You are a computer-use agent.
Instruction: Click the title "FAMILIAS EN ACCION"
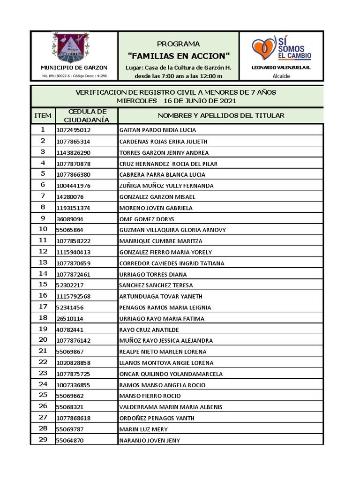point(179,56)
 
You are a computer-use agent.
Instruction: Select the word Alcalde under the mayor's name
point(281,76)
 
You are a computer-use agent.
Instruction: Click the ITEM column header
point(43,115)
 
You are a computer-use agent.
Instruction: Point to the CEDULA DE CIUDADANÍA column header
point(87,115)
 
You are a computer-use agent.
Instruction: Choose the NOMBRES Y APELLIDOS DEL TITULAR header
point(221,115)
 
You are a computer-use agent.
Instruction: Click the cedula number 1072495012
point(73,130)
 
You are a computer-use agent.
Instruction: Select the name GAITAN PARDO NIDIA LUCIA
point(157,130)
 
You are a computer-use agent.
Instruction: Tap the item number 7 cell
point(43,196)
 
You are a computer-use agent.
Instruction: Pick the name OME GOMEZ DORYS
point(147,219)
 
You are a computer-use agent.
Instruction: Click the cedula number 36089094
point(70,219)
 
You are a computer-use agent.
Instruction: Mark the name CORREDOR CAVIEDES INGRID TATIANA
point(172,263)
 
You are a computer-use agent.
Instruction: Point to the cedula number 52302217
point(70,285)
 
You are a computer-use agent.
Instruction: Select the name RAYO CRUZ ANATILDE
point(149,330)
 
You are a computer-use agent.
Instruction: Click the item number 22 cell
point(43,362)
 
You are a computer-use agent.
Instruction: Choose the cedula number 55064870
point(70,441)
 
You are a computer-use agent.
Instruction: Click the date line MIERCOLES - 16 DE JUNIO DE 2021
point(176,101)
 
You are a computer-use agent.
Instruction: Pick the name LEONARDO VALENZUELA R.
point(281,68)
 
